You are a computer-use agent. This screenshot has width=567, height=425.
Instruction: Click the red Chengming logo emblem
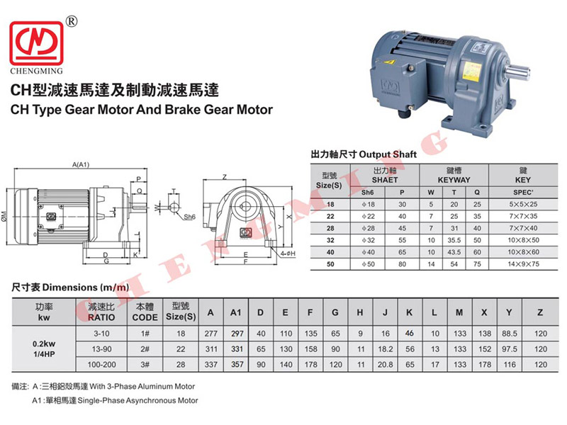pyautogui.click(x=37, y=43)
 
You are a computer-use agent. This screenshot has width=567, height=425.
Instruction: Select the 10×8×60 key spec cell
pyautogui.click(x=523, y=252)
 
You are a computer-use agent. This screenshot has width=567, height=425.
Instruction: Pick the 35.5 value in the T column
pyautogui.click(x=454, y=240)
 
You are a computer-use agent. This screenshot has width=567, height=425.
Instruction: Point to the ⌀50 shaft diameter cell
pyautogui.click(x=368, y=263)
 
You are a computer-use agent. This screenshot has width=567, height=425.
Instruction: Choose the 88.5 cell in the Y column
pyautogui.click(x=509, y=333)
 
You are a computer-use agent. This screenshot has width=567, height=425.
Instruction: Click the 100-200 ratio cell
pyautogui.click(x=101, y=364)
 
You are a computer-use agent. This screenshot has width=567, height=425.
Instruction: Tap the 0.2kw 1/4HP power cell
pyautogui.click(x=44, y=348)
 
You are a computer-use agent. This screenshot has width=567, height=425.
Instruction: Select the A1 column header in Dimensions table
pyautogui.click(x=235, y=312)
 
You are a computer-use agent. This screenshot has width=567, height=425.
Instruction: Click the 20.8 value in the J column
pyautogui.click(x=385, y=364)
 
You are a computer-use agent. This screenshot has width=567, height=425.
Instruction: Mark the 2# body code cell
pyautogui.click(x=145, y=348)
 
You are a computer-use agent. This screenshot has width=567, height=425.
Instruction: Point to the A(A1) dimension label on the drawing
pyautogui.click(x=80, y=165)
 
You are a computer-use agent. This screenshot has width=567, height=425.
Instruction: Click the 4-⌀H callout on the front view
pyautogui.click(x=288, y=254)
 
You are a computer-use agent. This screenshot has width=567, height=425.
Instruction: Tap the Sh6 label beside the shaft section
pyautogui.click(x=189, y=217)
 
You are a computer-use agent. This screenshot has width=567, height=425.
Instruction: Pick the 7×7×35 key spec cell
pyautogui.click(x=523, y=216)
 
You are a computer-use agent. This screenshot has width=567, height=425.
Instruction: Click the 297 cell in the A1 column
pyautogui.click(x=237, y=333)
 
